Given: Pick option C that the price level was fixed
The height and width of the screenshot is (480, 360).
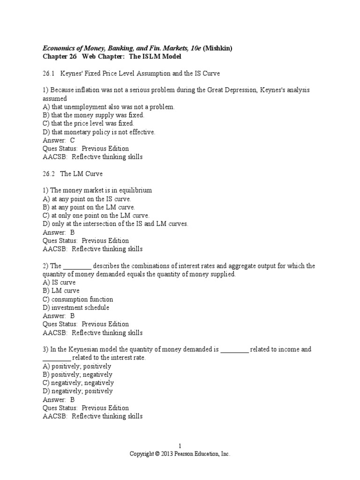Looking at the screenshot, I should click(88, 123).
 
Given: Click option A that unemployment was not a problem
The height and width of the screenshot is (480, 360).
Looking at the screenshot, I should click(108, 107).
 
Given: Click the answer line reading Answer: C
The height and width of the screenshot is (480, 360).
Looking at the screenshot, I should click(59, 140).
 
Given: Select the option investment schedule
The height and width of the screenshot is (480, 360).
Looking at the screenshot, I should click(76, 307).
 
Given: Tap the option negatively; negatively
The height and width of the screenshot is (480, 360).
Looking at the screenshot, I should click(78, 382).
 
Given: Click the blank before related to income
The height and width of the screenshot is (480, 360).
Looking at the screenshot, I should click(234, 349).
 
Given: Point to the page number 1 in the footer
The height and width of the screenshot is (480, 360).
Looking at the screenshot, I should click(180, 445).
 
